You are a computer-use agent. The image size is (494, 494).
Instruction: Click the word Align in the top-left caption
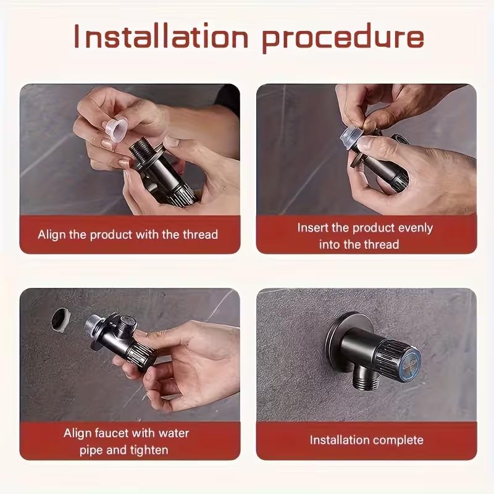(x=51, y=235)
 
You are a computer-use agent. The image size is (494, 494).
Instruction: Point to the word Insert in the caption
(x=313, y=227)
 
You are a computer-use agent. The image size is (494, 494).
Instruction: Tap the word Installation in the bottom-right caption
(x=338, y=440)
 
